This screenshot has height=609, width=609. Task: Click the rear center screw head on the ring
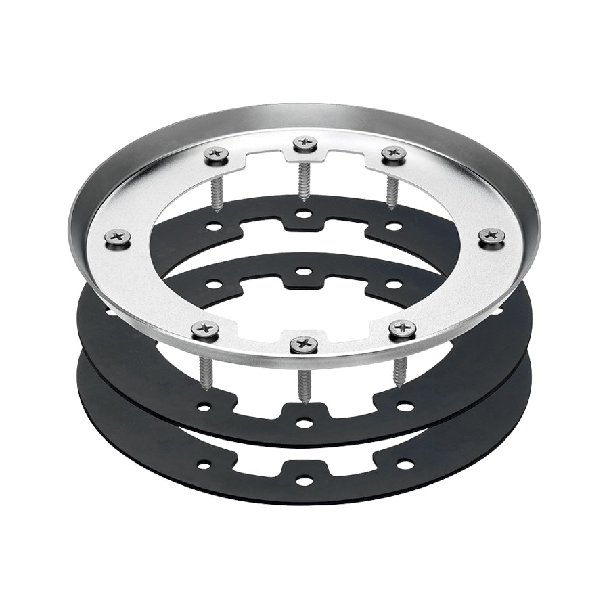coord(305,143)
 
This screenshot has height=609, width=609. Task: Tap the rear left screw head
coord(218,155)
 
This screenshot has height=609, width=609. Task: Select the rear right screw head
coord(393,154)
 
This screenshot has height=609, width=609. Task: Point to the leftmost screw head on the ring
coord(118,237)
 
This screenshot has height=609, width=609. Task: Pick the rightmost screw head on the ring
coord(491,236)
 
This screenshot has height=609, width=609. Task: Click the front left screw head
coord(205,330)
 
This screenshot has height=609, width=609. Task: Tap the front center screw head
coord(304,344)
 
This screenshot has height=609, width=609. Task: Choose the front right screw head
coord(403,328)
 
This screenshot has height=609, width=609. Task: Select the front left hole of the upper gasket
coord(203,407)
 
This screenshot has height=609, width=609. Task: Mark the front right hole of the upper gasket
coord(405,407)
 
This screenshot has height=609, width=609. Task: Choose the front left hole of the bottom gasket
coord(203,465)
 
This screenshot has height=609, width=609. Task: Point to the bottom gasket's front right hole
coord(405,464)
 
